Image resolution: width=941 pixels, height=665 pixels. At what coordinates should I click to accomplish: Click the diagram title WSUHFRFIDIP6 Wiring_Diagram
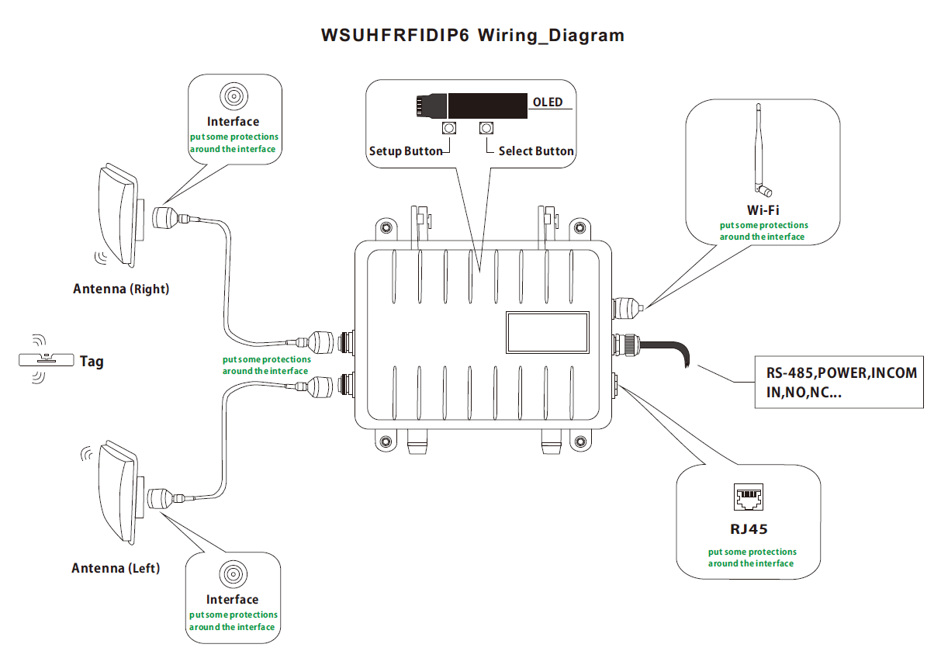click(472, 36)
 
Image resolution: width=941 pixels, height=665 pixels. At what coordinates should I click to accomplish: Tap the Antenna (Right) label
click(121, 289)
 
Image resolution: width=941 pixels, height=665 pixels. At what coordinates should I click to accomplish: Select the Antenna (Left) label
click(116, 568)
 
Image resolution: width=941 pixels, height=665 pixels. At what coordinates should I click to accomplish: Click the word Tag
click(92, 361)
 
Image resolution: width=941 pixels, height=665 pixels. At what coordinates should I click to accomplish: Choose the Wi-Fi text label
click(763, 210)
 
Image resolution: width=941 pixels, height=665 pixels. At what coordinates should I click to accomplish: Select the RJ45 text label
click(749, 531)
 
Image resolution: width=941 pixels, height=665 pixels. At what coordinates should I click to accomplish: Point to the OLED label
click(548, 102)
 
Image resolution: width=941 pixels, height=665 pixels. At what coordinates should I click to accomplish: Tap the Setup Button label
click(405, 151)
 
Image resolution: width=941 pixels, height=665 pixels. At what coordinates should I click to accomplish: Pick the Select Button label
click(536, 151)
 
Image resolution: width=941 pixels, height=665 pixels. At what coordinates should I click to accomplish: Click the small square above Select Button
click(486, 128)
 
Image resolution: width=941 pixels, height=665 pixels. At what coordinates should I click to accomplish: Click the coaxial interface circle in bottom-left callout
click(233, 575)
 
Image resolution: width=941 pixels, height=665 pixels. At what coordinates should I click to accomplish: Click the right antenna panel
click(117, 213)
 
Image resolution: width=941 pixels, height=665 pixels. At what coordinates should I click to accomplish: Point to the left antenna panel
click(116, 493)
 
